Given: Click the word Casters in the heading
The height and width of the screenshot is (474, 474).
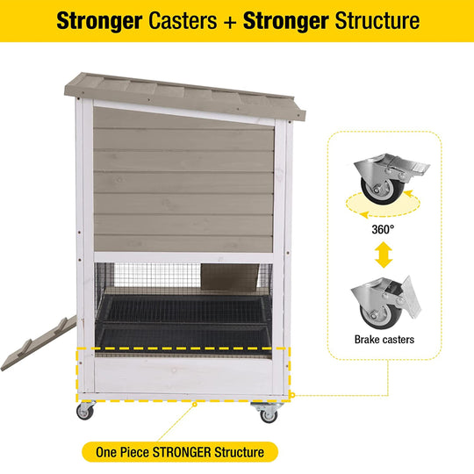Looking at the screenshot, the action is (183, 21).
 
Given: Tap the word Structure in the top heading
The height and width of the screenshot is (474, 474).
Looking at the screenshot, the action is (377, 21).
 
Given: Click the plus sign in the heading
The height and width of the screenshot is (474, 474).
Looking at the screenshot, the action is (230, 22).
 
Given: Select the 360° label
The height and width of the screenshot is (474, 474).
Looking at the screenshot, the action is (383, 229).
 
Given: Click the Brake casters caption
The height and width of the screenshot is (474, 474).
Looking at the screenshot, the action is (384, 340).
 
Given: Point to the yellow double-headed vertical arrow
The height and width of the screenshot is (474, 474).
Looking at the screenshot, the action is (384, 255).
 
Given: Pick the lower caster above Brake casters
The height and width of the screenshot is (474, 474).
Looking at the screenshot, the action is (386, 302).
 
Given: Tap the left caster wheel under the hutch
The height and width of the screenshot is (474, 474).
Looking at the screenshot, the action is (85, 411).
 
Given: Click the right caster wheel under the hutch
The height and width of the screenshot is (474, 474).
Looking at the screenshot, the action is (268, 413).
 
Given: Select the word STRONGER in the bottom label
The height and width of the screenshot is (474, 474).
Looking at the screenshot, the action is (182, 452).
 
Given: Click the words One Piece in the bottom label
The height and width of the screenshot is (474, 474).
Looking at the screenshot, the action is (122, 452).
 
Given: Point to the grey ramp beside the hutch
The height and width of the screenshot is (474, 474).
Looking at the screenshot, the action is (39, 343).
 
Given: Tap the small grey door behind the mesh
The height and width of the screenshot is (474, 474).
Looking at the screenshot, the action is (230, 276).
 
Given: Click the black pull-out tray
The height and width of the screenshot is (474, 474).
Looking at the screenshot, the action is (183, 321).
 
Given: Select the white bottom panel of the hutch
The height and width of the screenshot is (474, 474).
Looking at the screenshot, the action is (183, 376).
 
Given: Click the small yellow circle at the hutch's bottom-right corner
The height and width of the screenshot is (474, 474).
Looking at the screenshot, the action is (292, 395).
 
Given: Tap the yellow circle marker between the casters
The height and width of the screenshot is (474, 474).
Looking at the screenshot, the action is (195, 404).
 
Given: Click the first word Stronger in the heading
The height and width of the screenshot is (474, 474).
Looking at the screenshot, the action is (99, 21).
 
